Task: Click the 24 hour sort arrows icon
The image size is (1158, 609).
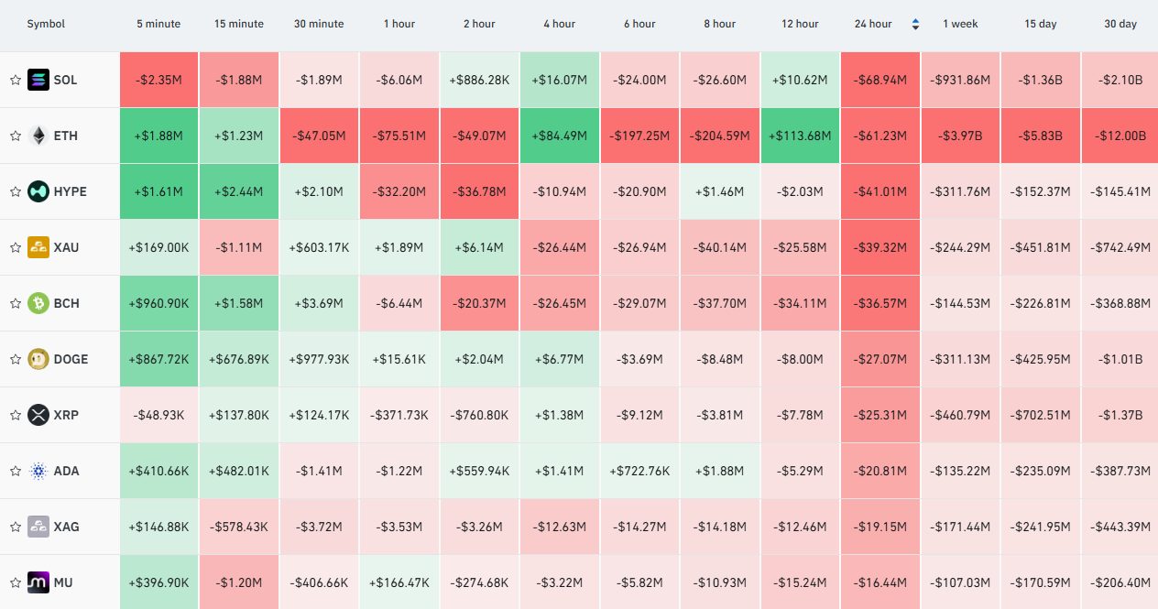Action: pos(915,24)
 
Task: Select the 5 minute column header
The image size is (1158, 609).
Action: pos(158,24)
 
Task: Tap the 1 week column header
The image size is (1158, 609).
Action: pos(960,24)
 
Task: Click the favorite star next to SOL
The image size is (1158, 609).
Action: pos(16,80)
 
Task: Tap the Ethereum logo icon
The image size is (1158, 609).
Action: pos(38,136)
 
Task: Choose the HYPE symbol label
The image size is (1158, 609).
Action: pos(71,191)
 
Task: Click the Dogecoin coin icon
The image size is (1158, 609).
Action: pos(38,359)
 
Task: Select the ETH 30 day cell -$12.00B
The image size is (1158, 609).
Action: pos(1120,136)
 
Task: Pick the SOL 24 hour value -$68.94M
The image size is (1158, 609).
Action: pos(879,80)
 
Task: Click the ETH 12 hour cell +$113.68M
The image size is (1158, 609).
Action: pos(800,136)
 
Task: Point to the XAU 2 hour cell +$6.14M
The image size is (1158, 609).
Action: pos(479,247)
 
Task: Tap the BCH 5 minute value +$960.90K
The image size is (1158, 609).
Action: pos(158,303)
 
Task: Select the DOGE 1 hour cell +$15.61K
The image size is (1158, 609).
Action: pos(399,359)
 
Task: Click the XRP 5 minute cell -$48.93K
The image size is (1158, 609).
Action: pos(158,415)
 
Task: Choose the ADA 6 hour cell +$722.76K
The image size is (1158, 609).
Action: pos(639,471)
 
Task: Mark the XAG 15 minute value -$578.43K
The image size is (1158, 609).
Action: pos(239,527)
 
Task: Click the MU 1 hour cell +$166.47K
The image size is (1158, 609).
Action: pos(399,582)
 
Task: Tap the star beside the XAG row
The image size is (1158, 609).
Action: pos(16,527)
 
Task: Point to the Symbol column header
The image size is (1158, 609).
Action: pos(46,24)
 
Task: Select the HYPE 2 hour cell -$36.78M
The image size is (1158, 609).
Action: pos(479,191)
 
